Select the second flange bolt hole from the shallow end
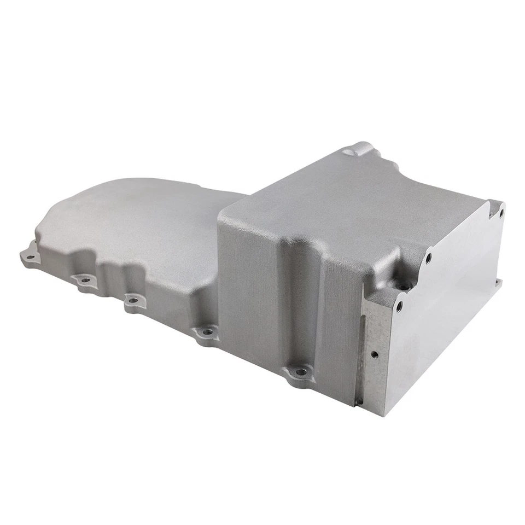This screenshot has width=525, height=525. [x=85, y=281]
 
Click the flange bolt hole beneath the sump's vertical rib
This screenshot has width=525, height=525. [x=300, y=372]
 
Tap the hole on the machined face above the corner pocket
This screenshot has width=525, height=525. [x=428, y=256]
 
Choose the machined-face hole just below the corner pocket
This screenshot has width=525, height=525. [x=399, y=304]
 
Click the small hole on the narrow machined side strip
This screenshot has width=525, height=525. [x=374, y=354]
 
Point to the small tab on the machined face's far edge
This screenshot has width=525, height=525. [x=498, y=283]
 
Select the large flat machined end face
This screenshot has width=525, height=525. [x=443, y=328]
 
